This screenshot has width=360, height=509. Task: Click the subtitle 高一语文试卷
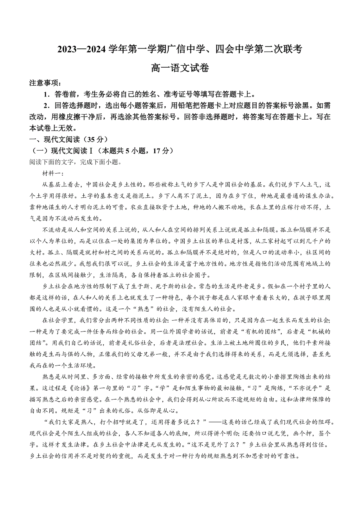coord(180,68)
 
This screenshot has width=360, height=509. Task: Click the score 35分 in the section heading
coord(95,140)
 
